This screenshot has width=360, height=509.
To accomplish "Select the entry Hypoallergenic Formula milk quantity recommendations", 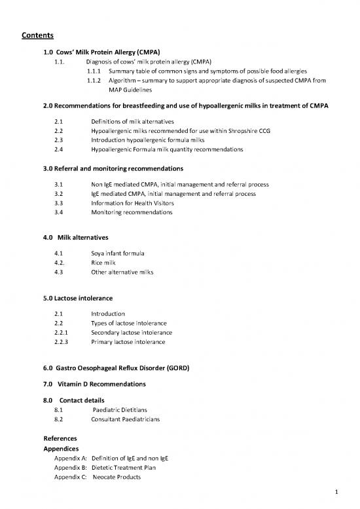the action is coord(167,149).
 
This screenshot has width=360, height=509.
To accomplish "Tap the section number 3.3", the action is coord(59,203).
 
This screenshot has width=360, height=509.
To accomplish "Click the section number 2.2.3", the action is coord(62,342).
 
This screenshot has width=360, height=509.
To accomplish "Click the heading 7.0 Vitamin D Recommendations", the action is coord(94,383).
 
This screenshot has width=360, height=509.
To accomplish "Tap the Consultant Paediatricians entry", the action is coord(128,419).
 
